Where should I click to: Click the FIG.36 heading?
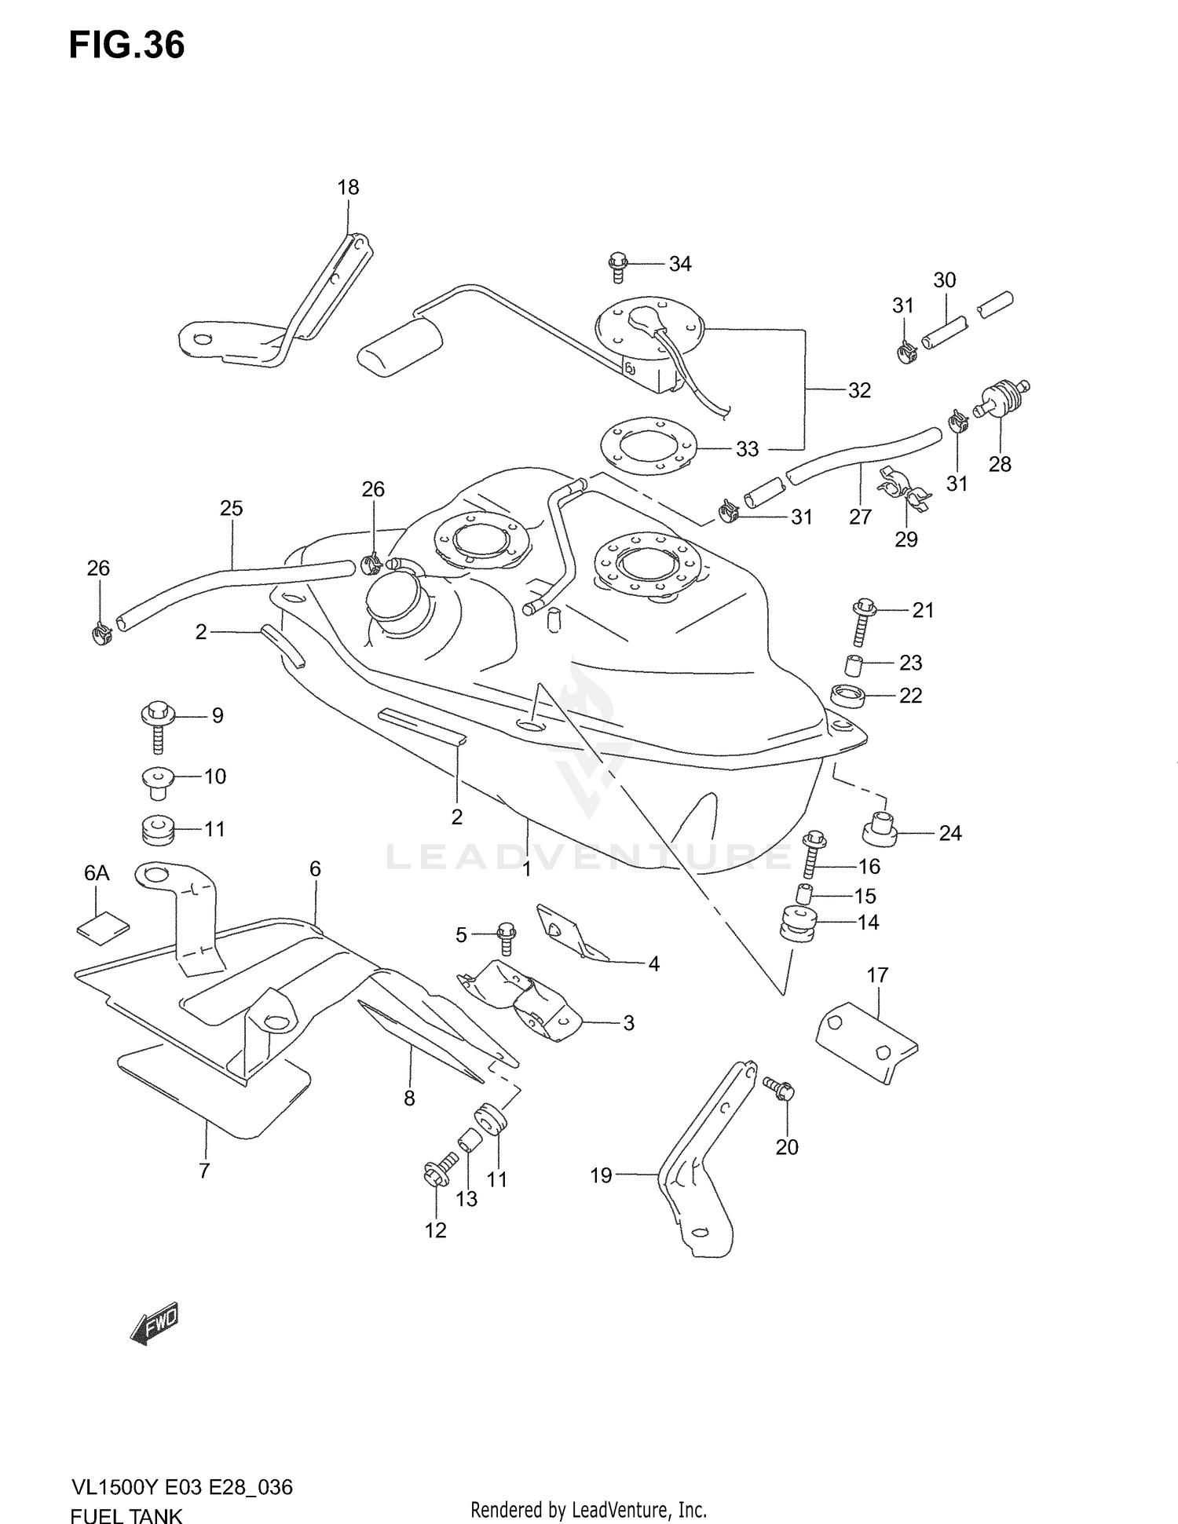click(126, 46)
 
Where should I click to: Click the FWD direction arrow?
click(155, 1325)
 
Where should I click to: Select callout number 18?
click(348, 188)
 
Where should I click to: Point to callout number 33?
click(747, 448)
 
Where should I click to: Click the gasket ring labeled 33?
click(648, 450)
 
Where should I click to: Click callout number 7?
click(204, 1193)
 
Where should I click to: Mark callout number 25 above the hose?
click(231, 509)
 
